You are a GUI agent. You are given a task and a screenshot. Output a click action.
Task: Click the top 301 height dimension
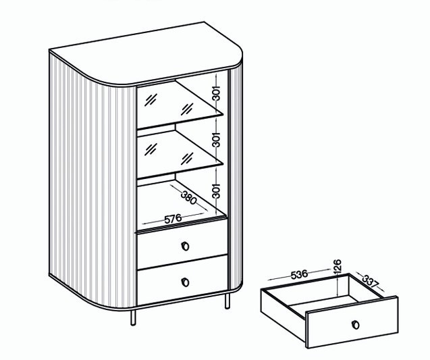click(x=217, y=93)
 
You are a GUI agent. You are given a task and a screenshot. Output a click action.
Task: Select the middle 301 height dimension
click(x=217, y=140)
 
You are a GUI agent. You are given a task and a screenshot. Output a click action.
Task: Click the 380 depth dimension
click(x=189, y=197)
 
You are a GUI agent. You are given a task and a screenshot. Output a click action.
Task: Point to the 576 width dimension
click(x=173, y=219)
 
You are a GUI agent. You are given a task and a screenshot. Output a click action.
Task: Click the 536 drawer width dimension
click(x=299, y=274)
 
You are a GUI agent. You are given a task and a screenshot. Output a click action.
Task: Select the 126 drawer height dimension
click(x=337, y=266)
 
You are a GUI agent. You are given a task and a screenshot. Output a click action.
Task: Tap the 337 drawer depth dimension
click(x=370, y=281)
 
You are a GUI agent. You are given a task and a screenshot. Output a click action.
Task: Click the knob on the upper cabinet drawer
click(x=186, y=246)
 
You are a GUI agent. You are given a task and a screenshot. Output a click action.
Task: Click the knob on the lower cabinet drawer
click(x=186, y=282)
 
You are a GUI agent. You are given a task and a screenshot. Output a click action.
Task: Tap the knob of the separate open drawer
click(x=355, y=325)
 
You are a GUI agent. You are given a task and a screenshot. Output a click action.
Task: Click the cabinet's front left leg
click(x=133, y=317)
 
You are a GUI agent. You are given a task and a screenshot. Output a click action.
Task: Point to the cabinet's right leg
click(x=227, y=301)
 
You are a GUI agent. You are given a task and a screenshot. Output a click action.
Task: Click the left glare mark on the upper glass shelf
click(x=151, y=99)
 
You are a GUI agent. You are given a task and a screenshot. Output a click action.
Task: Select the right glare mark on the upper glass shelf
click(x=187, y=109)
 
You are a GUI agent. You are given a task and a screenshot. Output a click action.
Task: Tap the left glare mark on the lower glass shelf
click(x=151, y=149)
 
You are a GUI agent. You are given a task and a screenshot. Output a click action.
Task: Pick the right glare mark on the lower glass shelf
click(x=187, y=159)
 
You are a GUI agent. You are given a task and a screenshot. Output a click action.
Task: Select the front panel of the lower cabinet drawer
click(x=182, y=280)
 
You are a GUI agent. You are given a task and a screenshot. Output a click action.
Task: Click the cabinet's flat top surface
click(x=145, y=53)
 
